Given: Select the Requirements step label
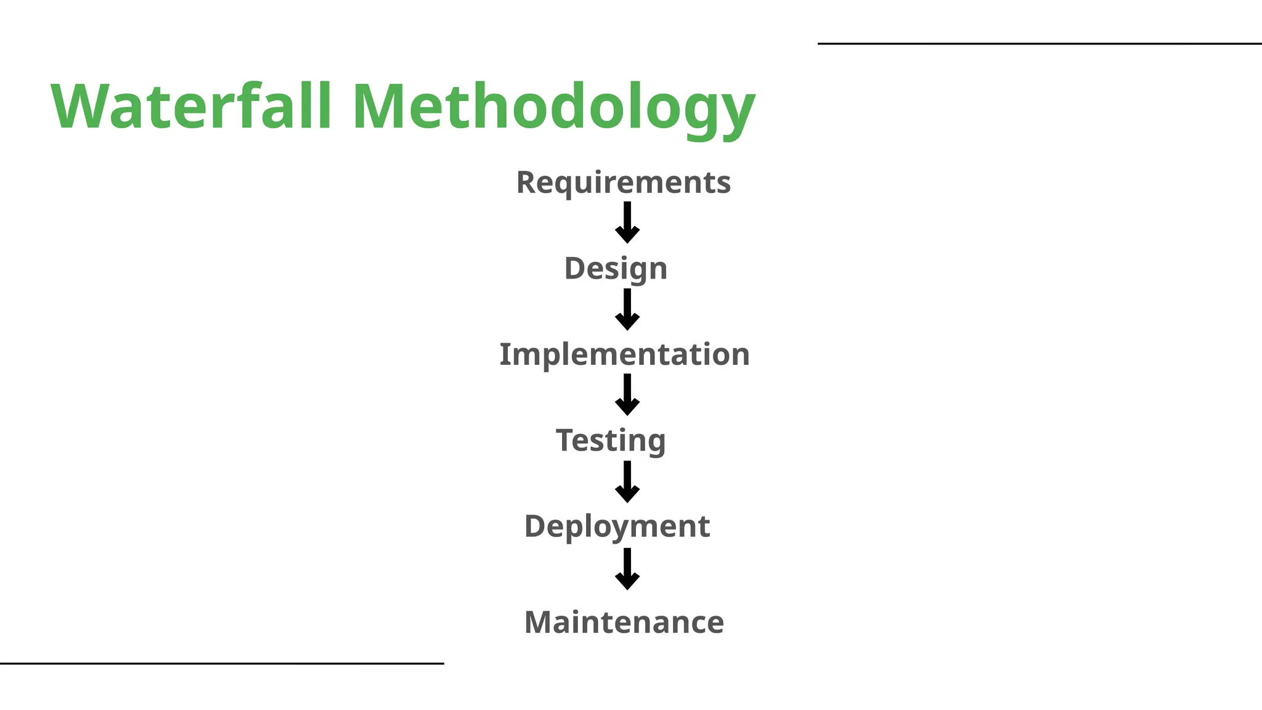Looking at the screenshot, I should tap(624, 182).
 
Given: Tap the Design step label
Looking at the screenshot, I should tap(616, 269).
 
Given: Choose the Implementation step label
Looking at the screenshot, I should tap(624, 354).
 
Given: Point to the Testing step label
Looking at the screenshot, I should tap(611, 441).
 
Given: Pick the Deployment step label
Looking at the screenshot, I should tap(617, 526).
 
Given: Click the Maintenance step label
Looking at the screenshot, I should tap(624, 622).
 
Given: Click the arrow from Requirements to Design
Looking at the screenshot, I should tap(627, 223).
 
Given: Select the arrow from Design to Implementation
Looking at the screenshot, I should tap(627, 309).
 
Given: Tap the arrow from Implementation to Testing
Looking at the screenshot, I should tap(627, 395).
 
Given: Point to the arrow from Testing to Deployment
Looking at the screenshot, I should tap(627, 482).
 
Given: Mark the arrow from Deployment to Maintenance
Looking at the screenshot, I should tap(627, 569).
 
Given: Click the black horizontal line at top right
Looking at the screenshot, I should tap(1039, 44).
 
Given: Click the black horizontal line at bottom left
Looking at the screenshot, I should tap(222, 664).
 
